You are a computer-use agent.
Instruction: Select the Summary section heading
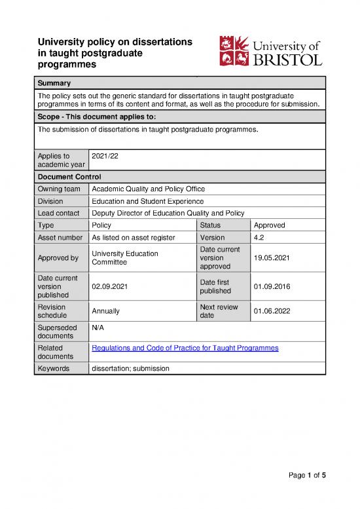[54, 83]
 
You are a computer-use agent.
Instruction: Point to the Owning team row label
[58, 189]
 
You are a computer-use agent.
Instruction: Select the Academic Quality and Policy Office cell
[149, 189]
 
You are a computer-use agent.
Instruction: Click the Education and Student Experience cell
[147, 201]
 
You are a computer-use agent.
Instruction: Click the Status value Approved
[270, 225]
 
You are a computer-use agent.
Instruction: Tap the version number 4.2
[259, 237]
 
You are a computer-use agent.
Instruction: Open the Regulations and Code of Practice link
[185, 347]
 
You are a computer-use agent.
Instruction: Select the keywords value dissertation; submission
[131, 368]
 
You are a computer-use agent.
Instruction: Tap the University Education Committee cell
[125, 258]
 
